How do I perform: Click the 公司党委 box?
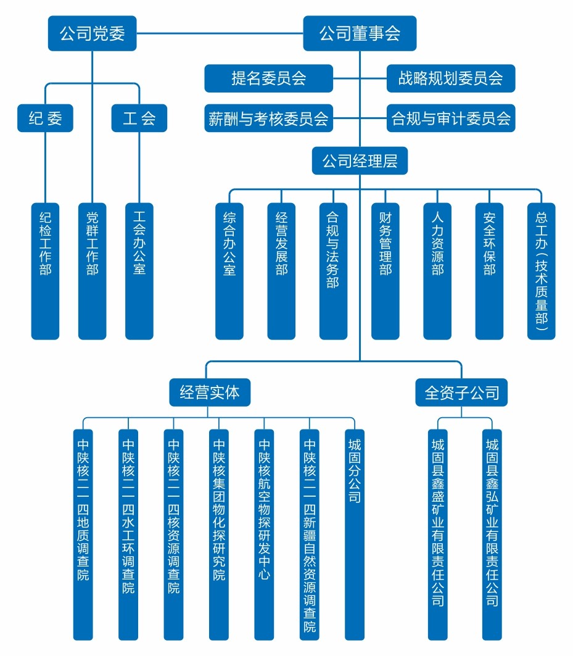(x=93, y=33)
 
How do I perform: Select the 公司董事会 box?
(x=360, y=33)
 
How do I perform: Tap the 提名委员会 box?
(x=268, y=78)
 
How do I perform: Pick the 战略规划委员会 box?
(x=451, y=78)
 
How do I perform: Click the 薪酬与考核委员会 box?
(x=268, y=118)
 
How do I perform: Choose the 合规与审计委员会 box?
(x=451, y=118)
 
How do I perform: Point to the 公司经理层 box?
(x=360, y=160)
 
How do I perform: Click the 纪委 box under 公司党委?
(x=45, y=118)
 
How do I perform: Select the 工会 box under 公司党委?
(x=139, y=118)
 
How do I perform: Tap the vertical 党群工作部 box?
(x=93, y=271)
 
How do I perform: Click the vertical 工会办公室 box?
(x=139, y=271)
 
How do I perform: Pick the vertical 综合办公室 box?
(x=229, y=271)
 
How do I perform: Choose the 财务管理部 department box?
(x=385, y=271)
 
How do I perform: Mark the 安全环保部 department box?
(x=489, y=271)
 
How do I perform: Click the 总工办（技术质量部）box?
(x=541, y=271)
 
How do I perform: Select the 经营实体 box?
(x=210, y=392)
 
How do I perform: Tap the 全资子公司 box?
(x=461, y=392)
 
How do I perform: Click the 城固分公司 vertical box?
(x=355, y=534)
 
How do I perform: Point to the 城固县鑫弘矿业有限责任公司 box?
(x=492, y=534)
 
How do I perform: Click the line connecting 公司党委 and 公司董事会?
(x=220, y=33)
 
